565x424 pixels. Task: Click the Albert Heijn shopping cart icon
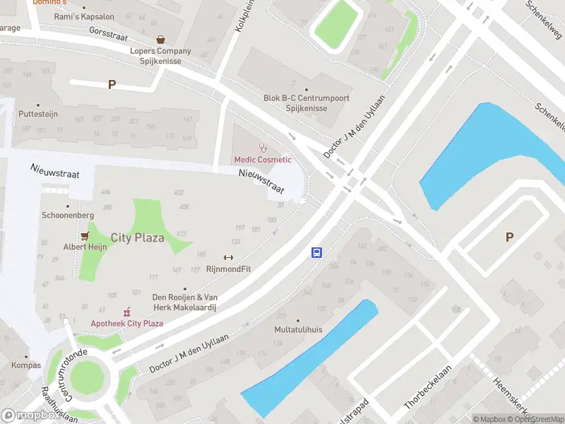[85, 235]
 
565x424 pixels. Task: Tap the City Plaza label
[138, 237]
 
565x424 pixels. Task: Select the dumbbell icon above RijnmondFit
[228, 257]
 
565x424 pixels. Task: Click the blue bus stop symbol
[317, 252]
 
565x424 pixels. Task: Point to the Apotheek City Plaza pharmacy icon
[127, 312]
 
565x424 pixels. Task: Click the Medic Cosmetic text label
[263, 160]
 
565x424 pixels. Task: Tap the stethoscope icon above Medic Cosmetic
[263, 147]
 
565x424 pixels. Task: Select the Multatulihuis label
[298, 330]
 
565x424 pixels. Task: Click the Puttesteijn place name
[39, 113]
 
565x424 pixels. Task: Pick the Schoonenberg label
[68, 215]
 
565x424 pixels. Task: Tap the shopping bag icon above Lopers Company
[161, 40]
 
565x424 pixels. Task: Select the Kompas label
[25, 365]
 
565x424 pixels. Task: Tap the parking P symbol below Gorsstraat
[112, 85]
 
